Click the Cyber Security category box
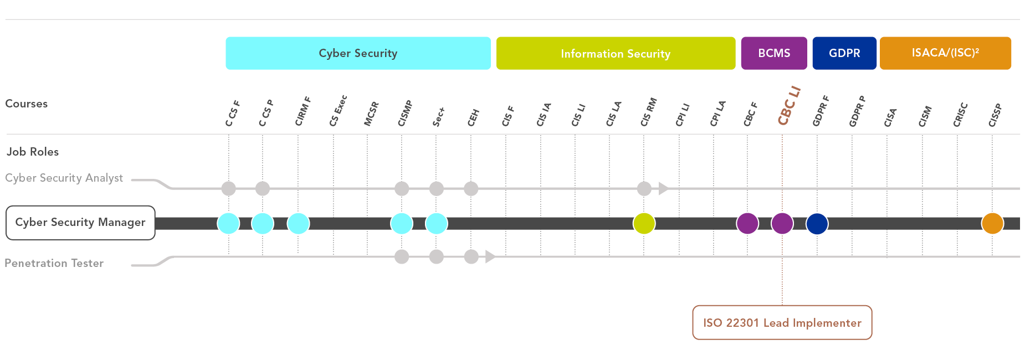click(x=358, y=53)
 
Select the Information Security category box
click(x=616, y=53)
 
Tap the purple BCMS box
click(x=774, y=53)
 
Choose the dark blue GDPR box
click(x=844, y=53)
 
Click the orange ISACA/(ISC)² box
click(x=945, y=53)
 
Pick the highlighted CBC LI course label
click(x=789, y=106)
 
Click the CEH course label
click(x=473, y=117)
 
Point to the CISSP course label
click(x=995, y=115)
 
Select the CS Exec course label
click(x=338, y=111)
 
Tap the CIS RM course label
click(x=648, y=112)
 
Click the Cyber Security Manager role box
click(x=80, y=223)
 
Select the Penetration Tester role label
click(x=54, y=263)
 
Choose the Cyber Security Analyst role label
click(x=64, y=178)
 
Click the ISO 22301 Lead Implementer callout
click(x=782, y=322)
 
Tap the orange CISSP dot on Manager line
click(x=992, y=223)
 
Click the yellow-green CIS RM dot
click(x=644, y=223)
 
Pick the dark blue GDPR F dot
click(x=817, y=223)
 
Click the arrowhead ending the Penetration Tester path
click(x=490, y=256)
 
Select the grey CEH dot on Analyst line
click(x=471, y=189)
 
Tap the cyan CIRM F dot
click(x=298, y=223)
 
